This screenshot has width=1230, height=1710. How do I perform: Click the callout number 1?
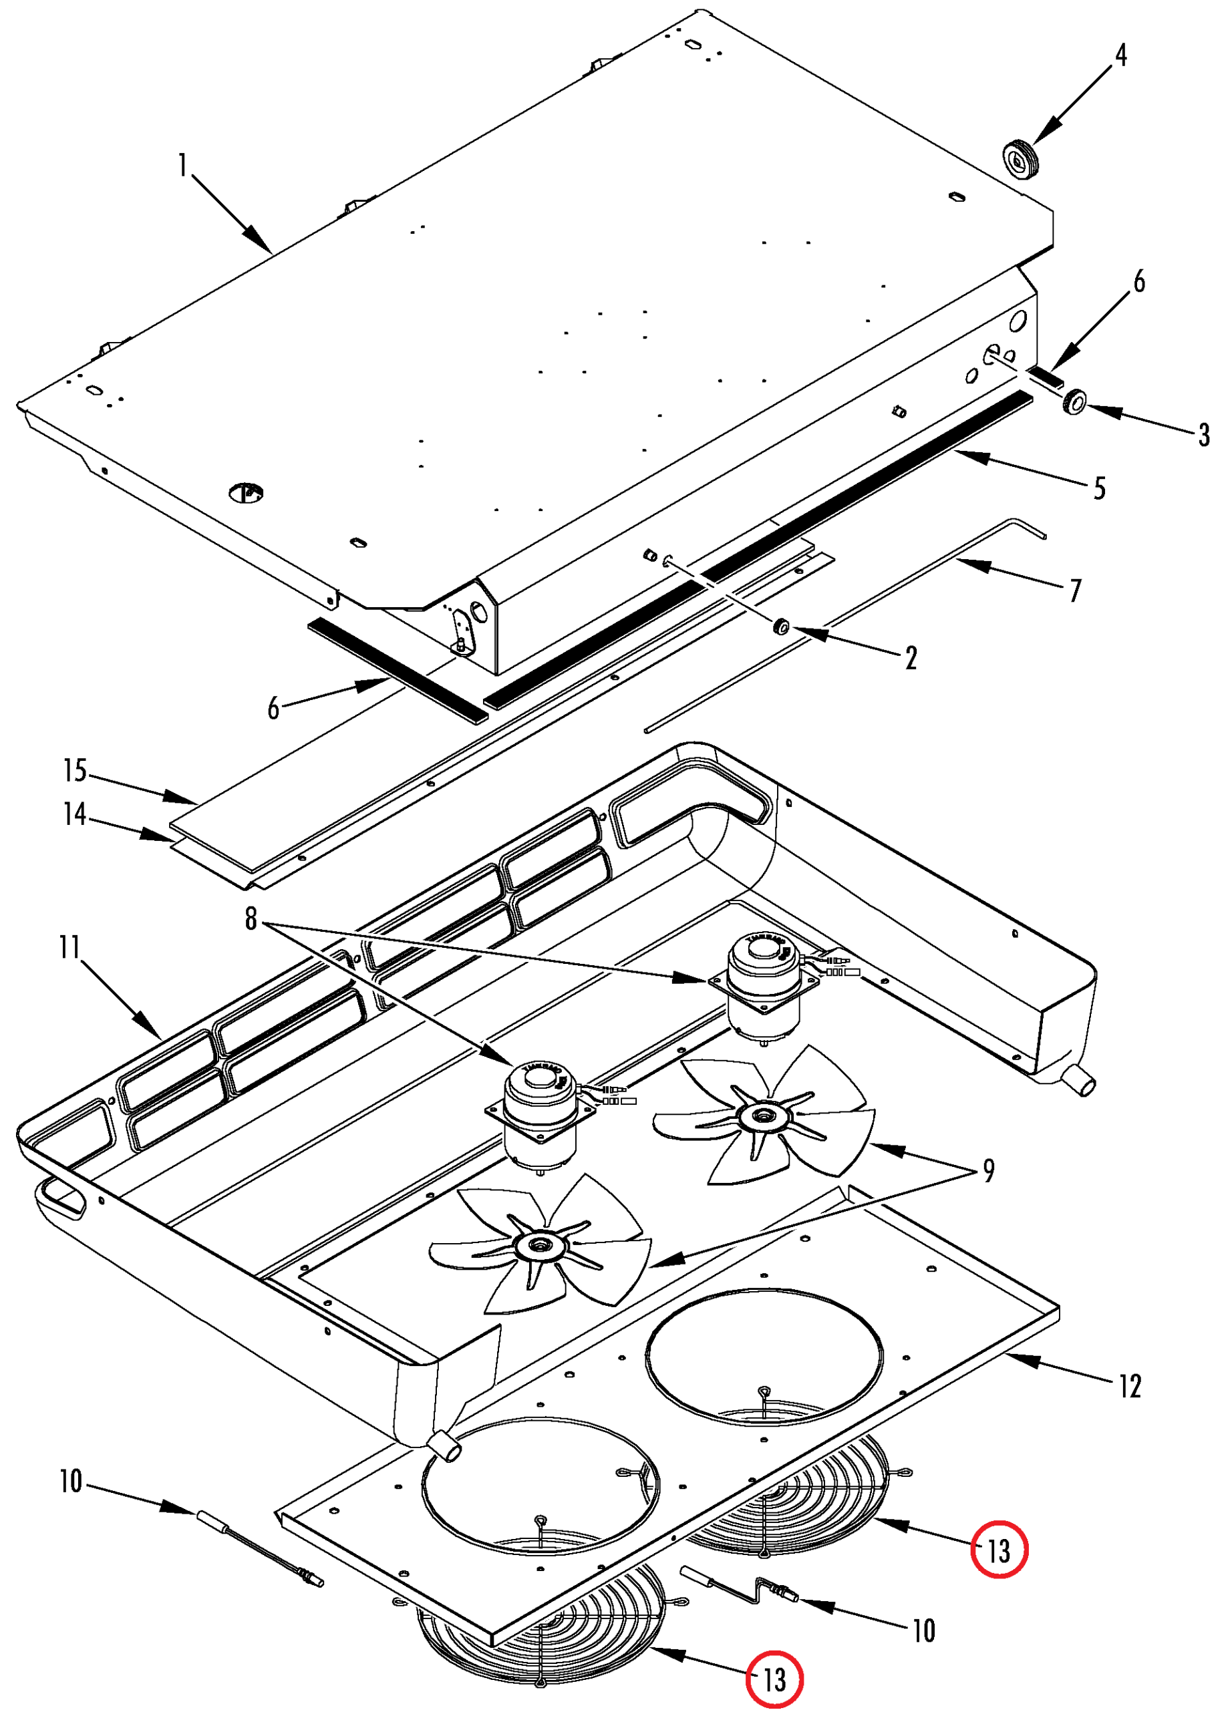[x=182, y=165]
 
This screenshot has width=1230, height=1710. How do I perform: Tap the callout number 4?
[x=1120, y=55]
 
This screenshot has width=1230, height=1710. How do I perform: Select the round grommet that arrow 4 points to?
[x=1022, y=159]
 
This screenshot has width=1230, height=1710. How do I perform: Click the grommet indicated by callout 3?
[x=1074, y=401]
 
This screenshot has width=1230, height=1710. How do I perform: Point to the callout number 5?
[x=1100, y=488]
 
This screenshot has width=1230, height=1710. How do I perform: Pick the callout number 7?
[x=1076, y=590]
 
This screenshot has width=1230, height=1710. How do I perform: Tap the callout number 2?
[x=911, y=658]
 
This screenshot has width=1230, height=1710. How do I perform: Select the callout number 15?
[x=75, y=771]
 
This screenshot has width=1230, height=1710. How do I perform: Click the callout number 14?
[x=75, y=814]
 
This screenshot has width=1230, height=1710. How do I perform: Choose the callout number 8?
[x=251, y=918]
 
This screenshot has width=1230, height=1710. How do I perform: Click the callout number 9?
[x=988, y=1170]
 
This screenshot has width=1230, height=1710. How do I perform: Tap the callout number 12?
[x=1130, y=1386]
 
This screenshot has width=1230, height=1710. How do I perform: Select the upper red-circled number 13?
[x=998, y=1551]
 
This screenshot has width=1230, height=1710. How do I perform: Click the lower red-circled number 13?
[x=774, y=1680]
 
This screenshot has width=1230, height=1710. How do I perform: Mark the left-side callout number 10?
[x=71, y=1482]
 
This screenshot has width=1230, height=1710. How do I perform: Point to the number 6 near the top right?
[x=1138, y=281]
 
